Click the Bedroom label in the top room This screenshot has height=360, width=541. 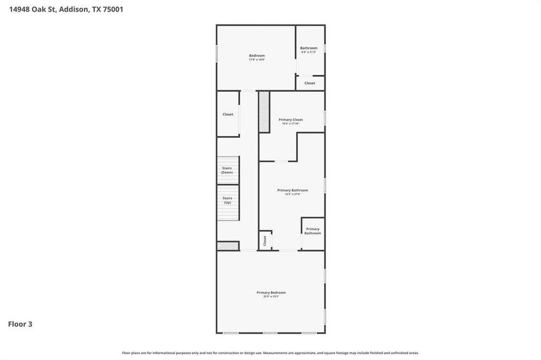tap(256, 55)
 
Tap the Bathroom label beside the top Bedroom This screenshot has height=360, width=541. tap(309, 48)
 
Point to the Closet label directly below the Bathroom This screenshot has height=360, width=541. tap(309, 83)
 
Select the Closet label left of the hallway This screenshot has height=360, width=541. tap(228, 114)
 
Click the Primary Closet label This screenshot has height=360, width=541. tap(291, 119)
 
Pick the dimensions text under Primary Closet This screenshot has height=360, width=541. tap(291, 124)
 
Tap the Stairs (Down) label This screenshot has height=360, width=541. tap(227, 170)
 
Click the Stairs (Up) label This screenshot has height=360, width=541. tap(227, 200)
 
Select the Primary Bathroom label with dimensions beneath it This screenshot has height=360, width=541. tap(292, 190)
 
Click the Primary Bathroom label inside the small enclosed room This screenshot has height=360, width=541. tap(312, 231)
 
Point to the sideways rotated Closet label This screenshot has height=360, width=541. tap(264, 241)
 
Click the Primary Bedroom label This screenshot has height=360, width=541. tap(271, 292)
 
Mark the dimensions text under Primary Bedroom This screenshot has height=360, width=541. tap(271, 296)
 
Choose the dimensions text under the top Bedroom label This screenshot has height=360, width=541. tap(256, 59)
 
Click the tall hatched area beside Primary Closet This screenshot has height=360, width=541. tap(264, 111)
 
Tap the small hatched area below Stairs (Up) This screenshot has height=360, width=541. tap(228, 245)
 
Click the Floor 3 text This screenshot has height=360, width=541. tap(20, 324)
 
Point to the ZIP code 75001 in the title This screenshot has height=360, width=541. tap(112, 9)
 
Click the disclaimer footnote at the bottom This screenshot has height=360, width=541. tap(270, 353)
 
